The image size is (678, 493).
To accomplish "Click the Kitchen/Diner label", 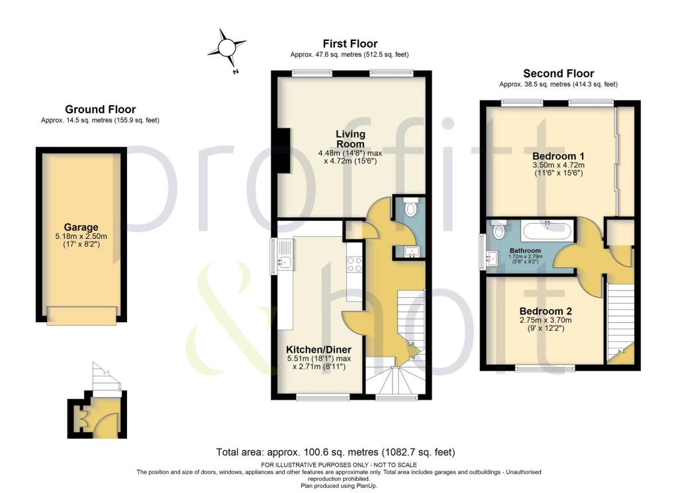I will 318,349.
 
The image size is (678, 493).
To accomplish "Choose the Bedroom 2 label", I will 545,311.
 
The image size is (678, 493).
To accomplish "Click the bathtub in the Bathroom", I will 546,232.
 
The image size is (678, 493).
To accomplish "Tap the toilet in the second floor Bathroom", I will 499,230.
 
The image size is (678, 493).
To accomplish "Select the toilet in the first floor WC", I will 411,209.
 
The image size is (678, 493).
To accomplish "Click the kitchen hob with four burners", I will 354,265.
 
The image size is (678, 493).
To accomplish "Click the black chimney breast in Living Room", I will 283,150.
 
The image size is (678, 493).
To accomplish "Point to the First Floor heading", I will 350,44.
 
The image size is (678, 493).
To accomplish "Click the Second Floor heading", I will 558,73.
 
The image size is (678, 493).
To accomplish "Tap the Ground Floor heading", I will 100,109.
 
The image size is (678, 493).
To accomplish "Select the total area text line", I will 336,453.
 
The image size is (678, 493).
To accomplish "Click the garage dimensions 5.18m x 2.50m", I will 81,240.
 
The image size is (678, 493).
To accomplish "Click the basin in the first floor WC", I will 410,251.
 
